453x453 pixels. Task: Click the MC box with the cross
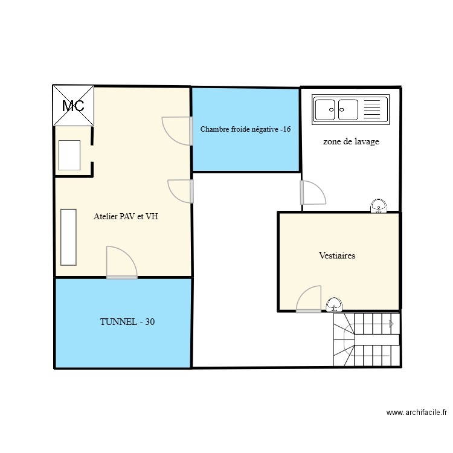point(74,106)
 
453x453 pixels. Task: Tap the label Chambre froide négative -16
point(246,129)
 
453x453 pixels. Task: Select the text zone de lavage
point(351,142)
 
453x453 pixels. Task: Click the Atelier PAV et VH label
point(126,216)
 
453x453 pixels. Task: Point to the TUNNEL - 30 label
point(127,323)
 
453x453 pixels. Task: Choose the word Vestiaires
point(337,255)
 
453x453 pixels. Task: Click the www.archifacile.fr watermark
point(416,413)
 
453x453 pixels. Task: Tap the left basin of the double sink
point(327,110)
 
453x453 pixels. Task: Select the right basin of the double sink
point(348,110)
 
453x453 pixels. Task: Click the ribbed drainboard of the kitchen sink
point(372,110)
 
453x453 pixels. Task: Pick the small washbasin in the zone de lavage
point(379,207)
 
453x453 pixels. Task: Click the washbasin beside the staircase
point(334,306)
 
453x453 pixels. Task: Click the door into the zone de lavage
point(312,193)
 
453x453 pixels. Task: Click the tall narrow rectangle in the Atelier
point(68,237)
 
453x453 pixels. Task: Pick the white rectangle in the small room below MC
point(69,155)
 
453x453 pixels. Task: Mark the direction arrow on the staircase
point(391,324)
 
